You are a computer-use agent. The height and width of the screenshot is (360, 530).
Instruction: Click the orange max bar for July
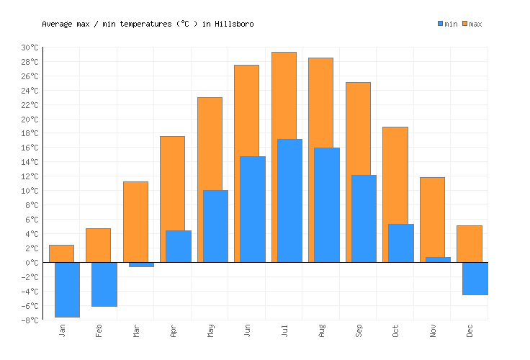[284, 94]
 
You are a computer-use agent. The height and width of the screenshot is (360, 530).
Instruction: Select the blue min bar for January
[67, 289]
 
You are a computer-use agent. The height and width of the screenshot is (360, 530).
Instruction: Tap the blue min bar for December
[475, 279]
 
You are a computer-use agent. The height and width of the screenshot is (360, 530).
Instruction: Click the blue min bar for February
[104, 284]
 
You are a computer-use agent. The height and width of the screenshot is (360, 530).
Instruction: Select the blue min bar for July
[289, 200]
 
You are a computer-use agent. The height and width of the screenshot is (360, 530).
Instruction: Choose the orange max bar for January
[61, 253]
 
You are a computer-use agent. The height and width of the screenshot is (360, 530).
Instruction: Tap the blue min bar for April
[178, 246]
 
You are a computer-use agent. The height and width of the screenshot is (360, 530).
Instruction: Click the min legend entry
[447, 24]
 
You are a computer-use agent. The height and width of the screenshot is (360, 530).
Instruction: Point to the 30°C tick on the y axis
[30, 48]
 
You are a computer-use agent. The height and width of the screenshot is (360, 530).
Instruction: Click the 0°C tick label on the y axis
[32, 263]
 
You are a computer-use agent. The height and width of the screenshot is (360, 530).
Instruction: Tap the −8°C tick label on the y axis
[30, 320]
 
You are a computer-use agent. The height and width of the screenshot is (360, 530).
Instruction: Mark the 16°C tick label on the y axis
[30, 148]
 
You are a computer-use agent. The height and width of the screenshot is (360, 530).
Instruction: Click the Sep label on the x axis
[359, 331]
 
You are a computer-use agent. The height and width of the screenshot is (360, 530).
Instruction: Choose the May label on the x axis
[210, 331]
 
